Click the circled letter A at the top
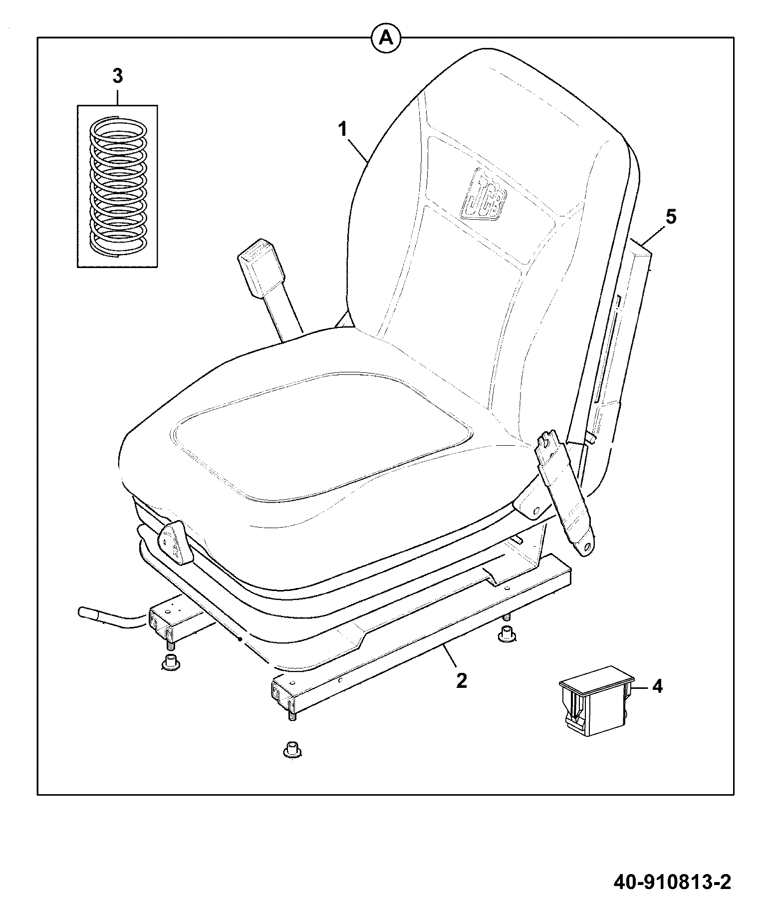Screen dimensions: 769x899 pos(385,37)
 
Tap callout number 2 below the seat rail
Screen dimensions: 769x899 pos(461,680)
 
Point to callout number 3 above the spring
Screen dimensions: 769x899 pos(117,77)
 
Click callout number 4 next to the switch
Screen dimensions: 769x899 pos(657,686)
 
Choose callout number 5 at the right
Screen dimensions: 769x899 pos(671,218)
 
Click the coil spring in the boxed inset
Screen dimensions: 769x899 pos(118,184)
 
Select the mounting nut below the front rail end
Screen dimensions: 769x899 pos(291,750)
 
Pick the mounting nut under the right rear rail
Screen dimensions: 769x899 pos(507,635)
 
